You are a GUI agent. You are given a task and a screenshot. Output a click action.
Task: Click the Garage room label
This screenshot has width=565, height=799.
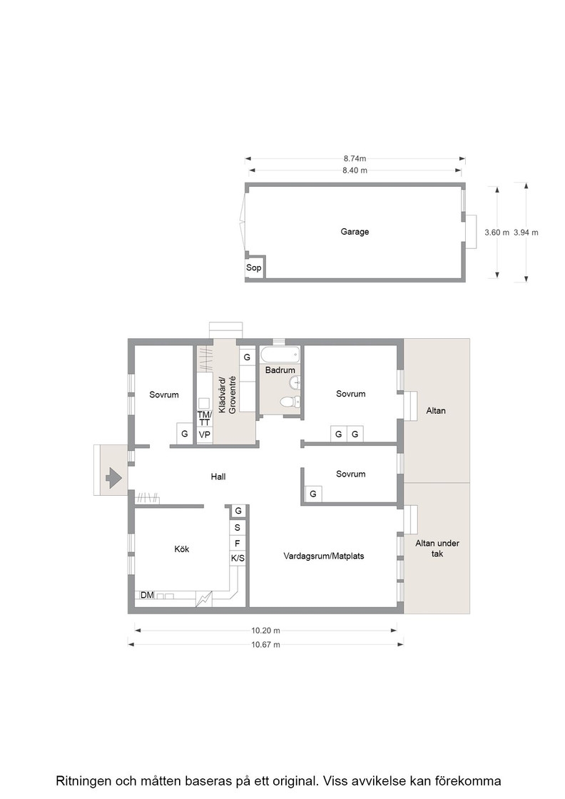click(355, 232)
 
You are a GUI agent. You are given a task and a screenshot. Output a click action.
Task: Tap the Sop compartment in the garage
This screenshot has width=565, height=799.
click(254, 268)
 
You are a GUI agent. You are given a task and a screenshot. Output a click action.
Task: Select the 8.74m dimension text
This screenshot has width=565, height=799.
click(355, 158)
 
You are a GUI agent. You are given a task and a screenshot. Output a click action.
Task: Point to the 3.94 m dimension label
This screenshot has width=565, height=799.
click(526, 233)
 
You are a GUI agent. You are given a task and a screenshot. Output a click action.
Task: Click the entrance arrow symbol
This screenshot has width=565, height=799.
click(113, 478)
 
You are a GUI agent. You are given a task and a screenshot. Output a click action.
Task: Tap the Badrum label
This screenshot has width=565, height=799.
click(280, 370)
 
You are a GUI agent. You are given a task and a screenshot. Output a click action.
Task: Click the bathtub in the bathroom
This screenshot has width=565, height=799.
click(280, 355)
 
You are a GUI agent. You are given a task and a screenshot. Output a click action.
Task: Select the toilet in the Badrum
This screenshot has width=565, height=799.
click(291, 402)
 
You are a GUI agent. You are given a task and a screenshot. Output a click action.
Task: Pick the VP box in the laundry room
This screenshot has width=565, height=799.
click(204, 435)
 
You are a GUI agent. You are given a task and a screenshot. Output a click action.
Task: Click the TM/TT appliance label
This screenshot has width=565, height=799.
click(204, 418)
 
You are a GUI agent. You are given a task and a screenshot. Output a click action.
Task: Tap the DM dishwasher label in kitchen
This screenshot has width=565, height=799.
click(147, 595)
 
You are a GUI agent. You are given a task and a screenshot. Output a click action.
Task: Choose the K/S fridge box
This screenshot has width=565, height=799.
click(238, 559)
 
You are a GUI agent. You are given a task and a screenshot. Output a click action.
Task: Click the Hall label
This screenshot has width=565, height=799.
click(218, 477)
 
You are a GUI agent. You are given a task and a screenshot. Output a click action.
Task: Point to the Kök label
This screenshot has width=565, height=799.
click(181, 549)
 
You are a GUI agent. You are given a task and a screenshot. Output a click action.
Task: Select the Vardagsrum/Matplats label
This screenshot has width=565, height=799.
click(323, 556)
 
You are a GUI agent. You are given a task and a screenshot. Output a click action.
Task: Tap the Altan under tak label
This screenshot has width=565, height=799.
click(437, 549)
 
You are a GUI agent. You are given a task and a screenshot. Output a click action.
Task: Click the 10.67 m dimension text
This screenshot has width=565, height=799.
click(265, 645)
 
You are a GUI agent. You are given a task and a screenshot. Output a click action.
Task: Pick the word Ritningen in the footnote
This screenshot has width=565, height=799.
click(83, 781)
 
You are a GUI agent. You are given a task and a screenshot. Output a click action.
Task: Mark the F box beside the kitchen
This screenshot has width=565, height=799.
click(238, 544)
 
